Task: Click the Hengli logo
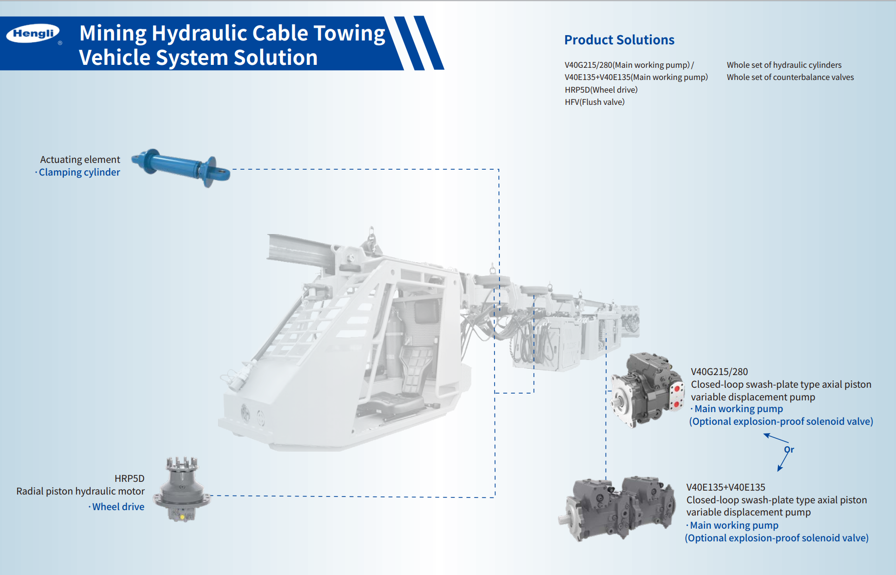pos(33,34)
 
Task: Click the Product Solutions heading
pos(619,40)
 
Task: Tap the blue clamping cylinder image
pos(181,167)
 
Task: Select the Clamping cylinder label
pos(79,172)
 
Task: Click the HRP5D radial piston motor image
pos(182,490)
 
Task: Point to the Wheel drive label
pos(118,507)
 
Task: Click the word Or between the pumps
pos(789,450)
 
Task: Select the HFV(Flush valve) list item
pos(594,102)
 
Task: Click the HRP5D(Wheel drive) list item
pos(601,90)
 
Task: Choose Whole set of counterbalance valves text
pos(790,77)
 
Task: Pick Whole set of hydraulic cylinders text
pos(783,65)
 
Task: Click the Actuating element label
pos(80,159)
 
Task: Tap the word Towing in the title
pos(349,34)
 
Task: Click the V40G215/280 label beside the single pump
pos(719,372)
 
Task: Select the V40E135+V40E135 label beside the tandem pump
pos(725,487)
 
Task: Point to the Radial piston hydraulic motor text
pos(80,491)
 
